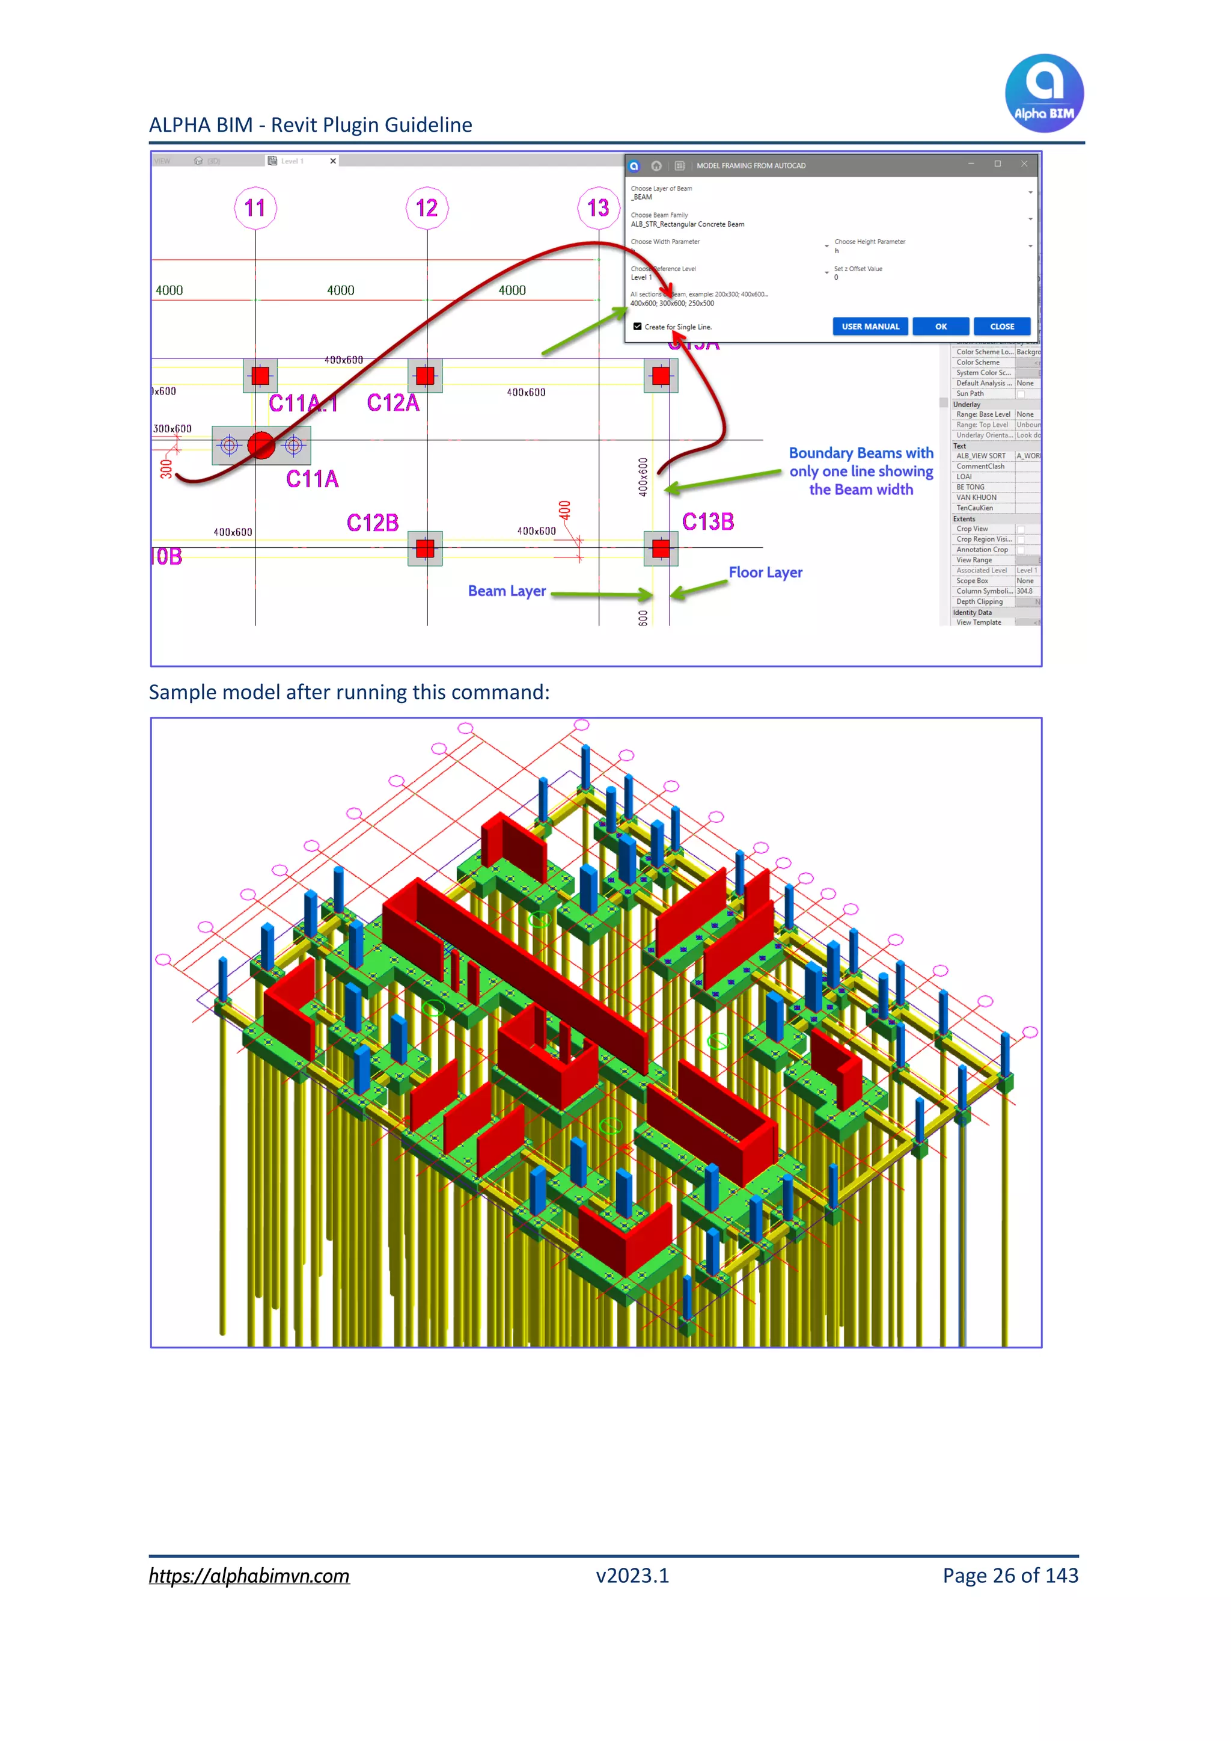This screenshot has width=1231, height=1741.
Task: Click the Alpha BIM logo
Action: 1044,93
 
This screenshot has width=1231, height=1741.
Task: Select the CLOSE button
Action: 1001,327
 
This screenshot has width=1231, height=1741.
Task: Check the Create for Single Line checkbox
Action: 638,327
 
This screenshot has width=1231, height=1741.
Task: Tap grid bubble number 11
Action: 255,207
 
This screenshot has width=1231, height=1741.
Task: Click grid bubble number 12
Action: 427,207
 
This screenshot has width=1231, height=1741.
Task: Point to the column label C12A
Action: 393,403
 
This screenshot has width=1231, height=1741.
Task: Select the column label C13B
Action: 708,521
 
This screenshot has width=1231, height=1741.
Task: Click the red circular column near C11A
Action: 261,445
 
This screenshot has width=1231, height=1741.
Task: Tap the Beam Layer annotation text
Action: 506,591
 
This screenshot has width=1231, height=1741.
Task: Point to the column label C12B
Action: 372,523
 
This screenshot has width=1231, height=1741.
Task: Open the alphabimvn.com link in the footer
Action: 249,1576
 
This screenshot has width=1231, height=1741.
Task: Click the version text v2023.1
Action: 632,1576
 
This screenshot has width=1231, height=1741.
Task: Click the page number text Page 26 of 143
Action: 1010,1576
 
